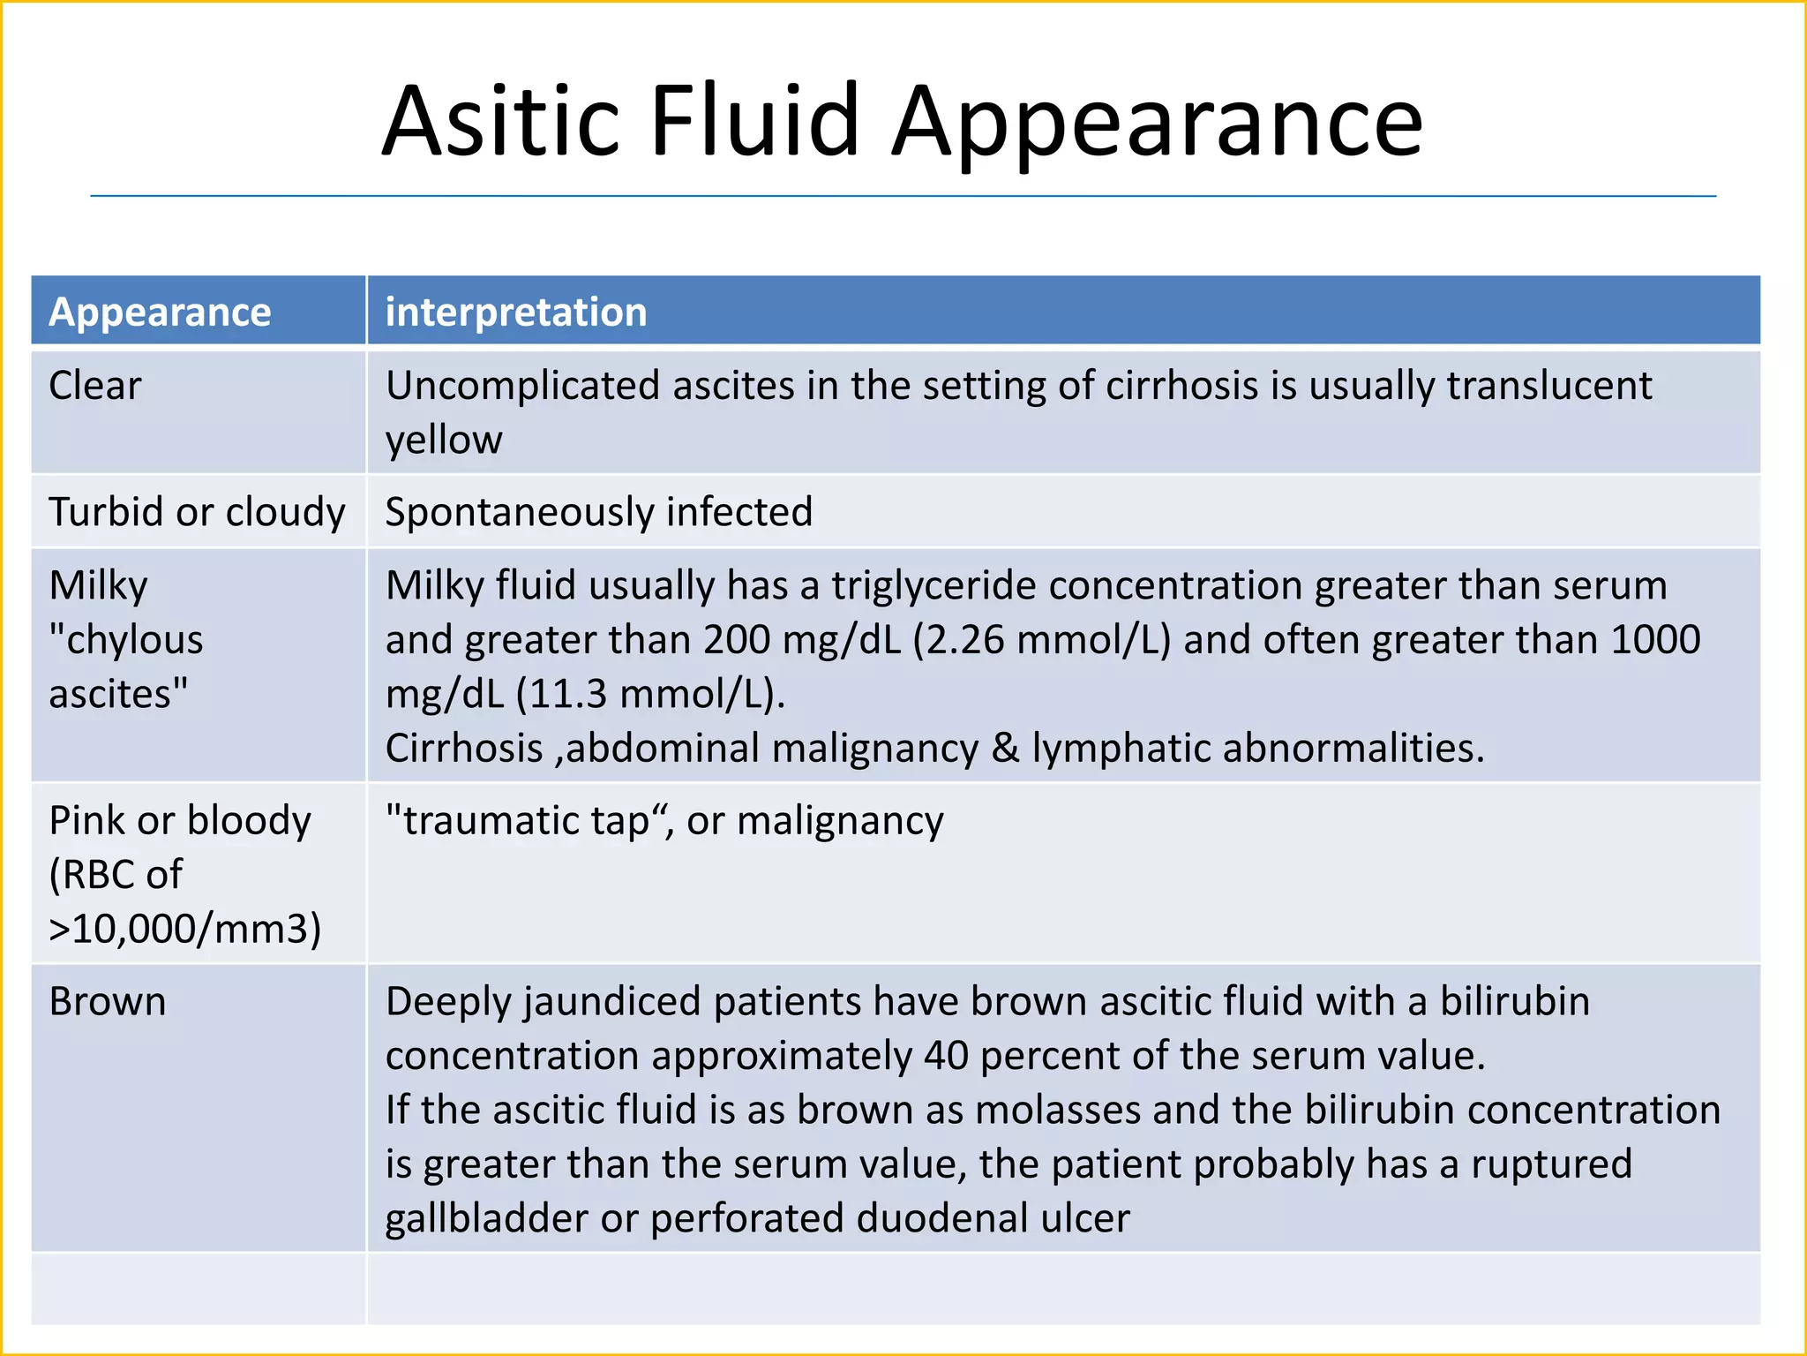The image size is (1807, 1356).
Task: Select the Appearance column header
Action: (x=160, y=313)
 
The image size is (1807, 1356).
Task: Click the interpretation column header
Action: (x=516, y=313)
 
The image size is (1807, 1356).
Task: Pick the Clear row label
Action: (x=95, y=386)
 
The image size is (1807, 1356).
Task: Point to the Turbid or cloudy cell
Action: (x=197, y=512)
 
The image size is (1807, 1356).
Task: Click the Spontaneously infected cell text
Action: (x=599, y=512)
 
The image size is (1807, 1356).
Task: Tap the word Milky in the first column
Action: (x=99, y=586)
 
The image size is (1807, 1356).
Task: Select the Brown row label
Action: (x=108, y=1002)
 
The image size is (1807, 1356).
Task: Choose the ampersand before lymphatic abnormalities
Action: (x=1005, y=749)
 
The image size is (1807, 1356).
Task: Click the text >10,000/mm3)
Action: (x=185, y=930)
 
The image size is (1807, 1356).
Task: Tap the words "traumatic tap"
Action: (x=525, y=821)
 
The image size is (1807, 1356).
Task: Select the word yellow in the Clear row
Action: (x=444, y=440)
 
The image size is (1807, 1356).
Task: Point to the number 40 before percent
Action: (x=947, y=1056)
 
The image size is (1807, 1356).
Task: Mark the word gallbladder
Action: (x=486, y=1218)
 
